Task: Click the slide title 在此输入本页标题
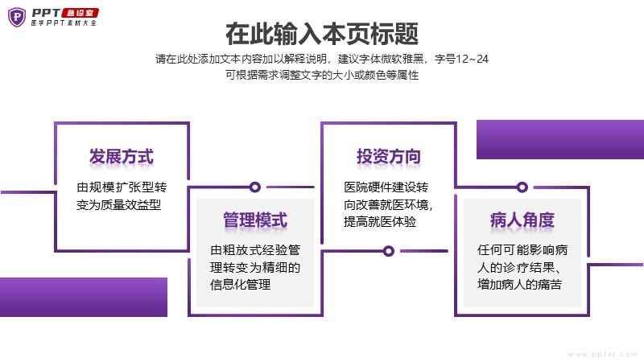(x=322, y=35)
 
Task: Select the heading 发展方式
(x=122, y=156)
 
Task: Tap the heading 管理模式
(x=255, y=220)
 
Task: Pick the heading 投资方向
(x=389, y=156)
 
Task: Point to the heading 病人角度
(x=522, y=220)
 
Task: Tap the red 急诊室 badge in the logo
(x=80, y=12)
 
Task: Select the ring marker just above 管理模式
(x=254, y=187)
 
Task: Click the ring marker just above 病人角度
(x=522, y=187)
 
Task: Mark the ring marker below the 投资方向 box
(x=388, y=251)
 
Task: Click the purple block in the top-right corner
(x=559, y=139)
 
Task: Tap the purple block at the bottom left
(x=84, y=297)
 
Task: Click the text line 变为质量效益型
(x=119, y=204)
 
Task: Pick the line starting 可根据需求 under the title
(x=322, y=75)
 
